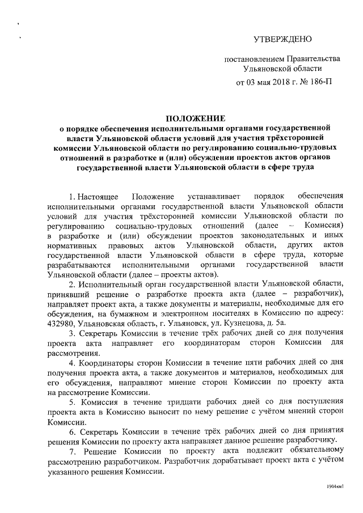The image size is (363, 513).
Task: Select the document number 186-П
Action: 319,82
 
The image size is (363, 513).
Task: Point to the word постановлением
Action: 252,58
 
